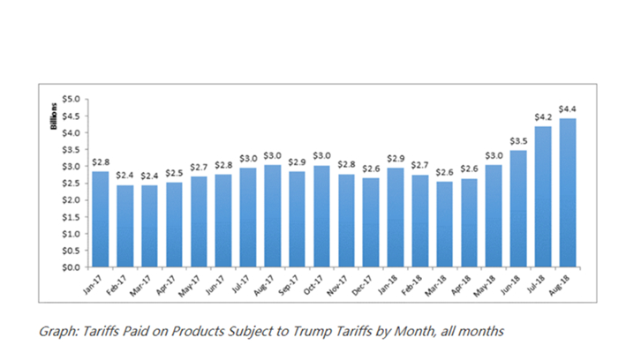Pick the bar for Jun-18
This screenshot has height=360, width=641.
tap(517, 208)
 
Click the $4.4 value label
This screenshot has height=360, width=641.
tap(568, 109)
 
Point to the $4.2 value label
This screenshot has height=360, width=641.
tap(543, 116)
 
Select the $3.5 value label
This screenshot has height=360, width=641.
tap(518, 140)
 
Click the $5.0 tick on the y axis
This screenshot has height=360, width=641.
tap(72, 99)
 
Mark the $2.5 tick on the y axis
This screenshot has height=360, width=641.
tap(72, 183)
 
